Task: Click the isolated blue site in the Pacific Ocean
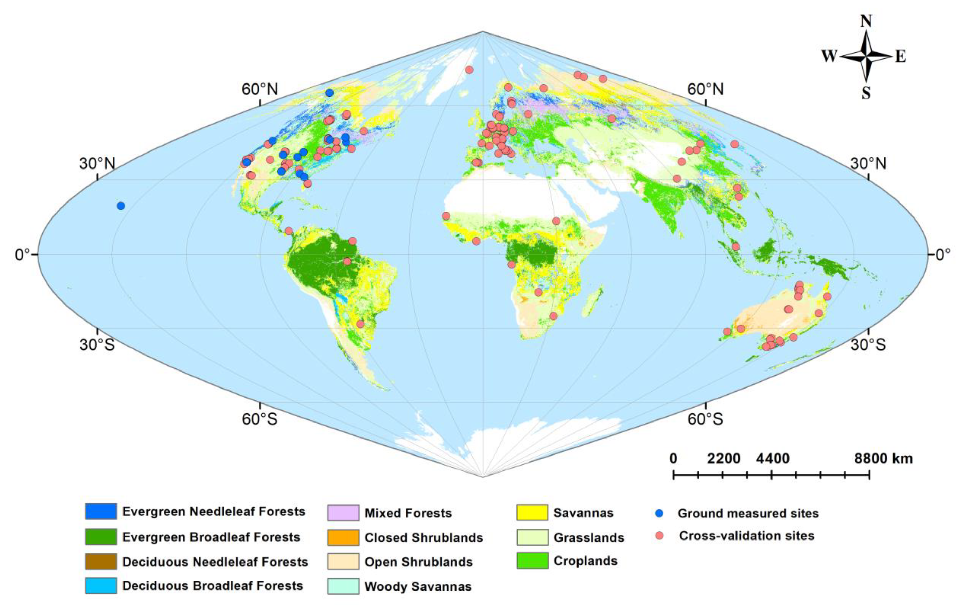[x=120, y=206]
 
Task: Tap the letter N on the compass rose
[x=866, y=21]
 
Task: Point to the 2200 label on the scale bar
[x=723, y=458]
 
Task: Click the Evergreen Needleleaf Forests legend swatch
[x=101, y=511]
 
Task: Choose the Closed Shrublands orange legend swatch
[x=343, y=537]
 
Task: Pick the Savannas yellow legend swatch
[x=532, y=512]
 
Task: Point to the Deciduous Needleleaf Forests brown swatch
[x=101, y=561]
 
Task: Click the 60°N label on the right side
[x=705, y=89]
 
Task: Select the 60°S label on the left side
[x=259, y=419]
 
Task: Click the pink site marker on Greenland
[x=469, y=70]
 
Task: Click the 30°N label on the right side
[x=868, y=163]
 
